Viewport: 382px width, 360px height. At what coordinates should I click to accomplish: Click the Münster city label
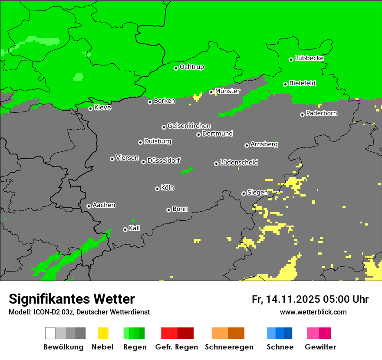tap(227, 91)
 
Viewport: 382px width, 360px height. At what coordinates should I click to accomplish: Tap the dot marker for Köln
tap(157, 189)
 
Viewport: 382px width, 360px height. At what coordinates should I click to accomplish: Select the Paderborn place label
tap(322, 113)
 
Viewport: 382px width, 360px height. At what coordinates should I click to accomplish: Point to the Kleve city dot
tap(90, 108)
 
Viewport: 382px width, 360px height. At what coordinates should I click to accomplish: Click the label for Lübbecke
tap(310, 58)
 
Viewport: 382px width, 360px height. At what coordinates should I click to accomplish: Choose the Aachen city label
tap(104, 205)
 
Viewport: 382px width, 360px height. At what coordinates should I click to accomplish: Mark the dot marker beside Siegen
tap(244, 193)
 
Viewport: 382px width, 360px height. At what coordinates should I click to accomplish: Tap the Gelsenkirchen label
tap(189, 126)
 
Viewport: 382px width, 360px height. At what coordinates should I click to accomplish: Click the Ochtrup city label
tap(192, 67)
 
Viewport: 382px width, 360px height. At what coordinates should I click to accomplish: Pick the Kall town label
tap(135, 228)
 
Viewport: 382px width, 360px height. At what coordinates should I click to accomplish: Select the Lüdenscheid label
tap(239, 163)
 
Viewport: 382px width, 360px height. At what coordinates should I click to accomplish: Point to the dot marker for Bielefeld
tap(285, 84)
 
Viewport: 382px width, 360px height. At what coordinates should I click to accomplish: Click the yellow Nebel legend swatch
tap(103, 333)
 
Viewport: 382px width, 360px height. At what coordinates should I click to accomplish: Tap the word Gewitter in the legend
tap(320, 347)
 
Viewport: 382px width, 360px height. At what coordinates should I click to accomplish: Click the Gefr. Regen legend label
tap(177, 347)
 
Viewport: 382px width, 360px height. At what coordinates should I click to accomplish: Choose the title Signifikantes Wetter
tap(72, 299)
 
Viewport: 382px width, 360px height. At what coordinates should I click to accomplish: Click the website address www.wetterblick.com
tap(313, 312)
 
